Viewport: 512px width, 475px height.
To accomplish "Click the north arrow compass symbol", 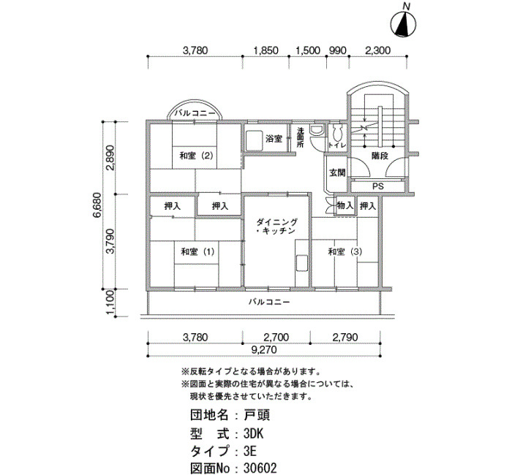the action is [x=404, y=24].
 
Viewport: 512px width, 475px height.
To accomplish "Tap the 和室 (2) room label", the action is [x=196, y=156].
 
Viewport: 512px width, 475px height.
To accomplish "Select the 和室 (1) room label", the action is [x=197, y=252].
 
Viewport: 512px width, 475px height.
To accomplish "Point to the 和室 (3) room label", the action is [x=345, y=252].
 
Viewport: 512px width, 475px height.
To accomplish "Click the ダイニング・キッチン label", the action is [x=276, y=227].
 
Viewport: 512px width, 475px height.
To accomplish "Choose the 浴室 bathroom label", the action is [x=274, y=139].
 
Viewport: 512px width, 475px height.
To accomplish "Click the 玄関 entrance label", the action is [x=337, y=172].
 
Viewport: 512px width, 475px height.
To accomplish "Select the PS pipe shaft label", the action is [x=378, y=186].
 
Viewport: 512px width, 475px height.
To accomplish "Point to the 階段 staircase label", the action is [x=380, y=156].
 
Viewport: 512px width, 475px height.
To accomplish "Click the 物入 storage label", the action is [x=345, y=205].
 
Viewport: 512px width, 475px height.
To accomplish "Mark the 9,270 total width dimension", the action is [x=264, y=350].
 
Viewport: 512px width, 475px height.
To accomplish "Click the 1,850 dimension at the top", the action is [x=266, y=50].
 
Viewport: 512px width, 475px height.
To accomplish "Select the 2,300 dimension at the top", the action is [x=378, y=50].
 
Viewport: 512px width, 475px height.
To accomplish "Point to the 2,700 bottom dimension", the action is [x=276, y=337].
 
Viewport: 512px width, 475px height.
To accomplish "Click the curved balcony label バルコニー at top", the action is [x=195, y=113].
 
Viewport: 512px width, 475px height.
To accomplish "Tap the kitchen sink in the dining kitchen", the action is [x=301, y=263].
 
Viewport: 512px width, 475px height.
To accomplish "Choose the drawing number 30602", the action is [x=260, y=468].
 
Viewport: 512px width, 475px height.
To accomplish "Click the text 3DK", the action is [x=253, y=433].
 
